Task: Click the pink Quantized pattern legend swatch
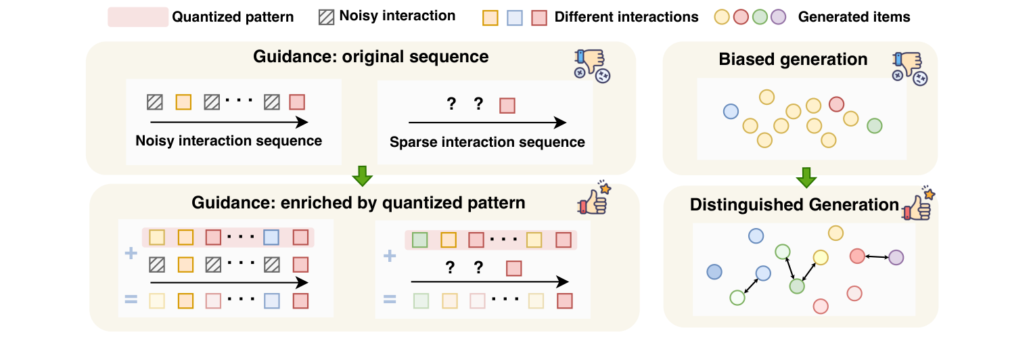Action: tap(138, 17)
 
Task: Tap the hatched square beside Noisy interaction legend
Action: tap(326, 17)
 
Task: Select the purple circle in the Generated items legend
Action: tap(778, 17)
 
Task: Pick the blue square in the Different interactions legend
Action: tap(515, 18)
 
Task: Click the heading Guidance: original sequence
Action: tap(371, 57)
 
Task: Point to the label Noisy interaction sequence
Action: tap(229, 140)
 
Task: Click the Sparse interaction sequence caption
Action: tap(487, 142)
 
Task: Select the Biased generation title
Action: tap(793, 59)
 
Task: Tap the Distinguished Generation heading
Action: tap(794, 204)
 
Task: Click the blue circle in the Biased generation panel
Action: tap(731, 112)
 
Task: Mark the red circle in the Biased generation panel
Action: tap(836, 104)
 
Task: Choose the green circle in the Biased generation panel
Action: tap(875, 126)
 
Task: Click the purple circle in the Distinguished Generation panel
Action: tap(896, 257)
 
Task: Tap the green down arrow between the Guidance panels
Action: tap(362, 176)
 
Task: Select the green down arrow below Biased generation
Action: tap(806, 177)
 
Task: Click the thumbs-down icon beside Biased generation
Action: tap(910, 68)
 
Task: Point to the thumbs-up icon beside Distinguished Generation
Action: tap(919, 204)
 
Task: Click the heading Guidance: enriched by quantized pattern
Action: tap(359, 202)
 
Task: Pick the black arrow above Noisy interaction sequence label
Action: tap(229, 122)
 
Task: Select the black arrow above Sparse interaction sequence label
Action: tap(487, 122)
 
